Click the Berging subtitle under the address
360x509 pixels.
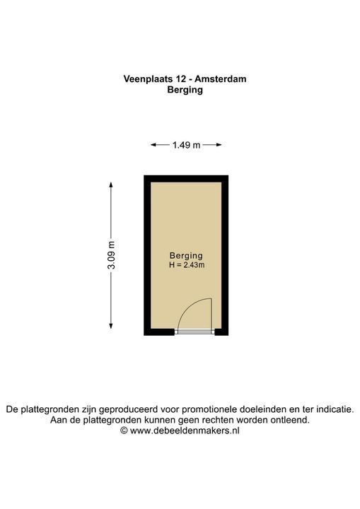[x=185, y=90]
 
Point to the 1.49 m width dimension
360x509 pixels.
[x=186, y=145]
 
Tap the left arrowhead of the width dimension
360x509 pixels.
[x=153, y=145]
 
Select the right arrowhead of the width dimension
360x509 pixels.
[x=219, y=145]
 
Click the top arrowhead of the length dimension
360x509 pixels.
[x=111, y=184]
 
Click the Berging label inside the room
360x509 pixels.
[x=186, y=255]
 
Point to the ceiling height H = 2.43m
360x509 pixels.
[x=186, y=265]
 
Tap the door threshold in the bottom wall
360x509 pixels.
[x=195, y=332]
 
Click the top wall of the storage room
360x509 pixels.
[x=186, y=178]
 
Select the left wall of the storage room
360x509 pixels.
[x=147, y=255]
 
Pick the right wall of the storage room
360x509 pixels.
[x=225, y=255]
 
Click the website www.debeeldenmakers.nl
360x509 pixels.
[x=185, y=430]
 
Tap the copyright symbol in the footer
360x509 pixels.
[x=124, y=430]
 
